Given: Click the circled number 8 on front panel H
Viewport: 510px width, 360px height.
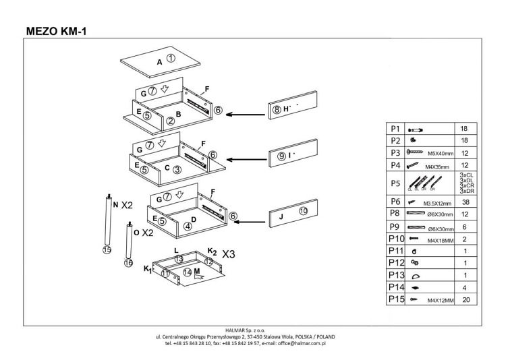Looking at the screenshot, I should (276, 109).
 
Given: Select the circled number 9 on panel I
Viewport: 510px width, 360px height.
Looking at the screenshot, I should (281, 156).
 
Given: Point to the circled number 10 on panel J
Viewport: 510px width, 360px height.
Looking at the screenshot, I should (303, 211).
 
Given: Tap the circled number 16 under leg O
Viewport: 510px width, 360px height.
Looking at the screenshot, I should (128, 264).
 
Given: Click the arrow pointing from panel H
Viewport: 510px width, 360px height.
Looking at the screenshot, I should (244, 115).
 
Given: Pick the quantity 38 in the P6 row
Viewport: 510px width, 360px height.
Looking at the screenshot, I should (466, 202).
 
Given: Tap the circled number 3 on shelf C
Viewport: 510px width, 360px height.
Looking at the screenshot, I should (177, 169).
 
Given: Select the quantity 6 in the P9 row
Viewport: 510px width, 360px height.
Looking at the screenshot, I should (466, 226).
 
